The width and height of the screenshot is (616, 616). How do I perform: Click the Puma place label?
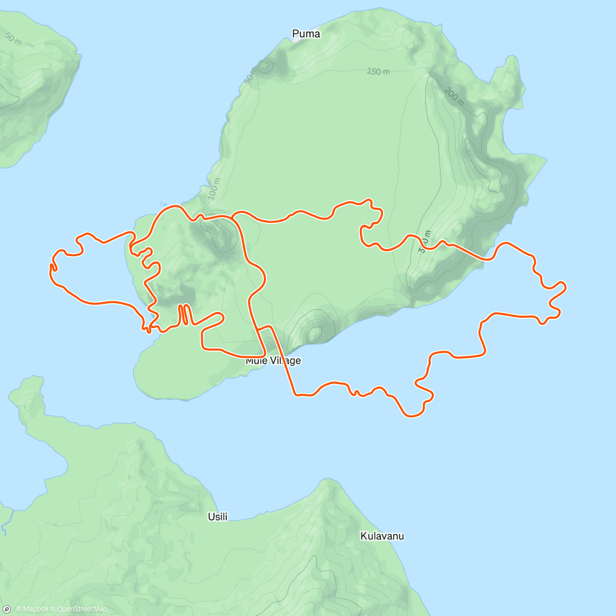coord(306,34)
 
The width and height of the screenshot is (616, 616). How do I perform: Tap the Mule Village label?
coord(273,361)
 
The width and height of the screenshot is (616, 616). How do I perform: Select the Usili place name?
coord(218,517)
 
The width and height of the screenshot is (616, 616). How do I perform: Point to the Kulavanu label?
coord(382,536)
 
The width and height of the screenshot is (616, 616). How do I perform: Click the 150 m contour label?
coord(378,71)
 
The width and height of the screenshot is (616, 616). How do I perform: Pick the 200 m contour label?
coord(454,96)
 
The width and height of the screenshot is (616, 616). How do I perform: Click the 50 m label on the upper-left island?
coord(13,38)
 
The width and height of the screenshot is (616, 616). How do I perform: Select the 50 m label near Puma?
coord(250,76)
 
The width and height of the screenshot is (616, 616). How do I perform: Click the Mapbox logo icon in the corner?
coord(7,609)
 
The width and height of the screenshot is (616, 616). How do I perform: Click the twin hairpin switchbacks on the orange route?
coord(184,315)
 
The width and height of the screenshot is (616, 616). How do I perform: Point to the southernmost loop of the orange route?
coord(413,415)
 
